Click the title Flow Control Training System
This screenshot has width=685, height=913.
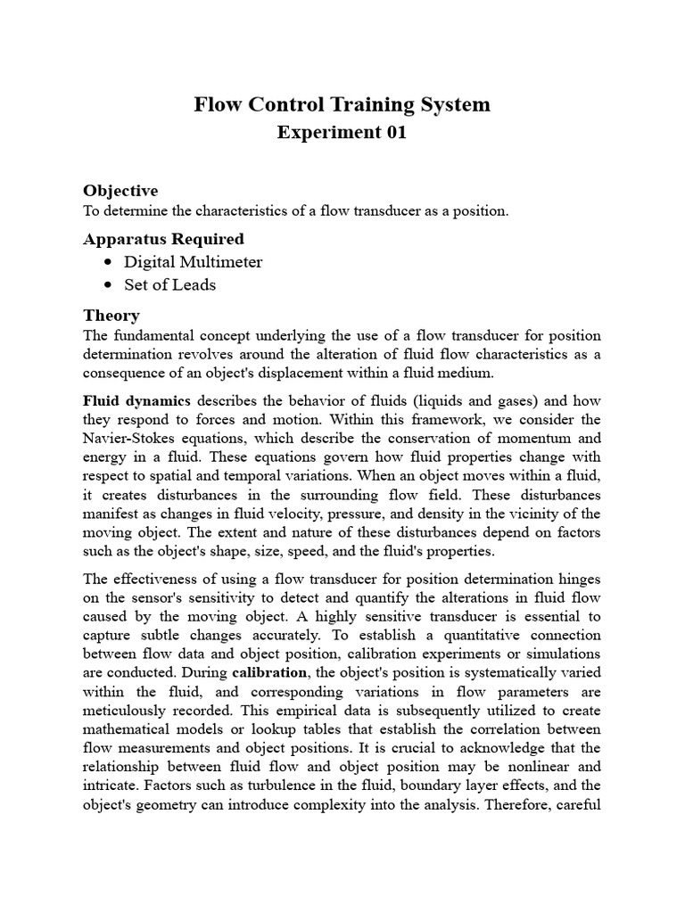pos(342,104)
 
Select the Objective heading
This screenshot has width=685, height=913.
pos(120,190)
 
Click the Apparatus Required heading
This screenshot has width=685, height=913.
pos(163,239)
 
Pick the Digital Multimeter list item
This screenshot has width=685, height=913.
pos(194,262)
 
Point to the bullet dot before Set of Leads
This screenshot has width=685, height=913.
pos(108,285)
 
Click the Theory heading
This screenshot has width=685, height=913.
pos(111,315)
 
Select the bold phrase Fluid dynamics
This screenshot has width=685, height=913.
pos(136,401)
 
